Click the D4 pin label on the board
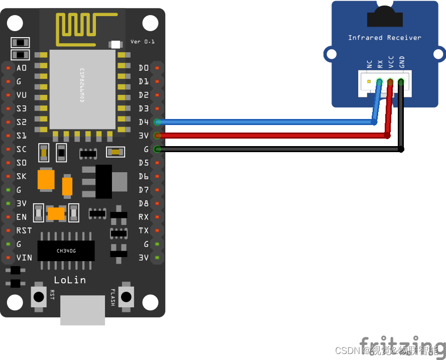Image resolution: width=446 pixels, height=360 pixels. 144,122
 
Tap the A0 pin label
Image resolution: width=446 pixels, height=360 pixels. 22,68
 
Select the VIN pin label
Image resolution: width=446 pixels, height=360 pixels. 24,258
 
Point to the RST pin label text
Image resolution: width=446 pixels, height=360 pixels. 24,230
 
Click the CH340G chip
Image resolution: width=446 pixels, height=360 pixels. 66,251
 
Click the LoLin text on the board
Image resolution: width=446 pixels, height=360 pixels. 70,280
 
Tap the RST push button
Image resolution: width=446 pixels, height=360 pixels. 39,296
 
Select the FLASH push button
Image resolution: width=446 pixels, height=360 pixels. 126,296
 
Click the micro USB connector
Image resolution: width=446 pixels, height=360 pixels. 82,310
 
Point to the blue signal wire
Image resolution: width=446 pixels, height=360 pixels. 266,122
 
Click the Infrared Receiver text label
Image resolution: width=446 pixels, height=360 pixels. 385,38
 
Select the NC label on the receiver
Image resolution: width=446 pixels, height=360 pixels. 369,64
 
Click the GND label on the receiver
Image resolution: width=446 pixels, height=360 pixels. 401,62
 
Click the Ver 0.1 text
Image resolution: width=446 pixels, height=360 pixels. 143,41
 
